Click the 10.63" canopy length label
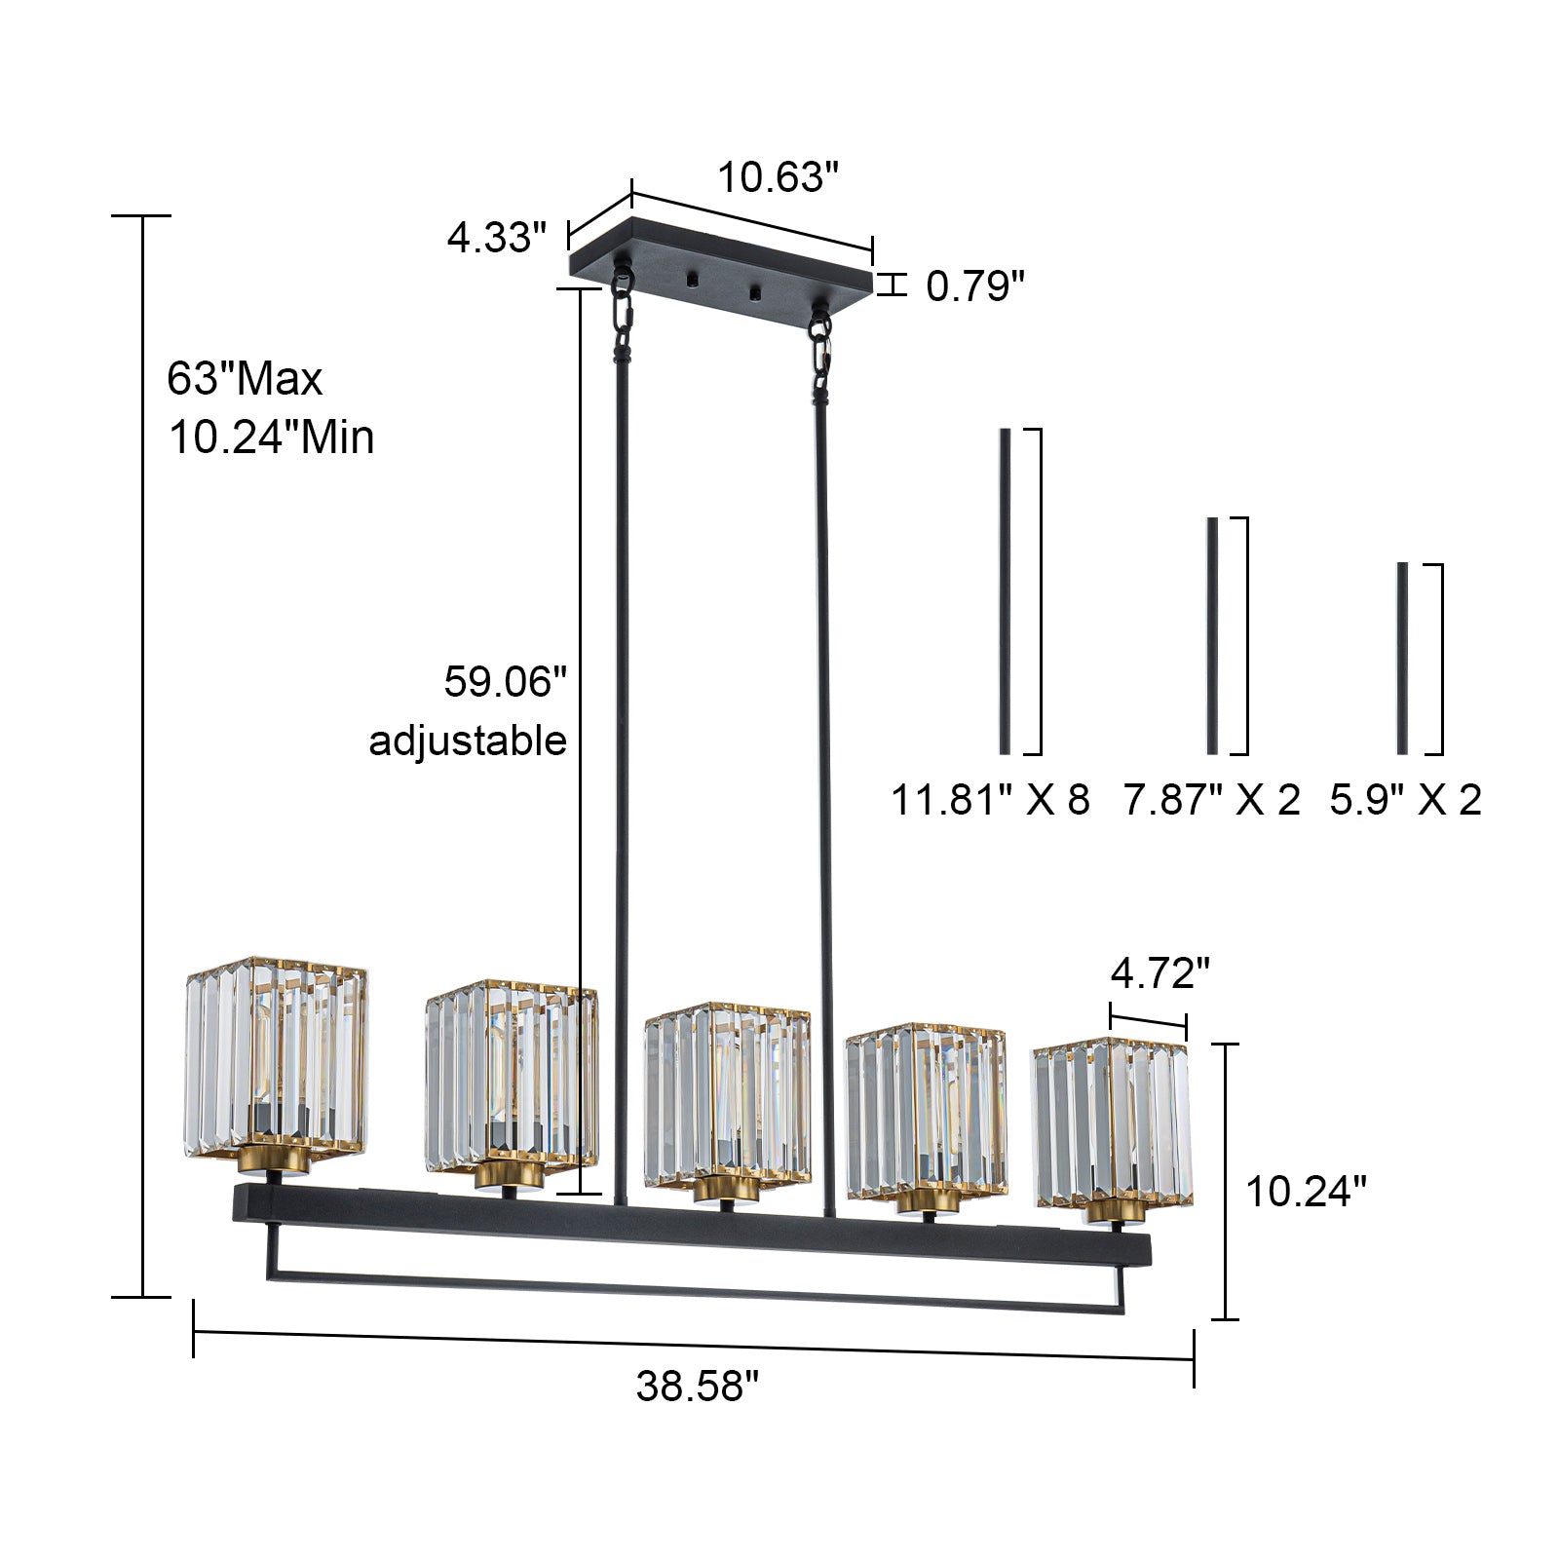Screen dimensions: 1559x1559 [778, 178]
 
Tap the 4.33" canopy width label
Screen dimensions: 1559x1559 [496, 237]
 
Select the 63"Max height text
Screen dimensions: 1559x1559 [245, 378]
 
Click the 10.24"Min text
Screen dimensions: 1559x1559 [272, 437]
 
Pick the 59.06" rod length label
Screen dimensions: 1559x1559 [505, 681]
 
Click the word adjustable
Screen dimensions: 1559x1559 [468, 741]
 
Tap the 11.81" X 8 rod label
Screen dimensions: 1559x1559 [990, 799]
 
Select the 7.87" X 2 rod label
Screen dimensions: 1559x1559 [1212, 799]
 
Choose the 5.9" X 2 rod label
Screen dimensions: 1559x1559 [1405, 799]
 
